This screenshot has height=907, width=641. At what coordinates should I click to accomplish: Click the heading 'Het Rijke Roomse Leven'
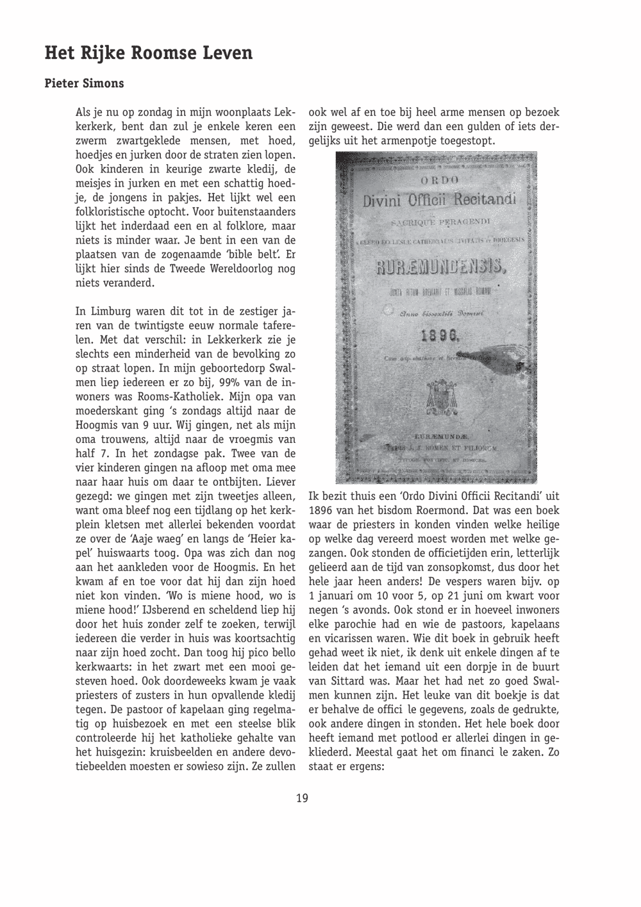[x=148, y=53]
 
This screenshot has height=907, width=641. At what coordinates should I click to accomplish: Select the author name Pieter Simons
[x=84, y=83]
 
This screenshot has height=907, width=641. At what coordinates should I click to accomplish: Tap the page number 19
[x=303, y=798]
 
